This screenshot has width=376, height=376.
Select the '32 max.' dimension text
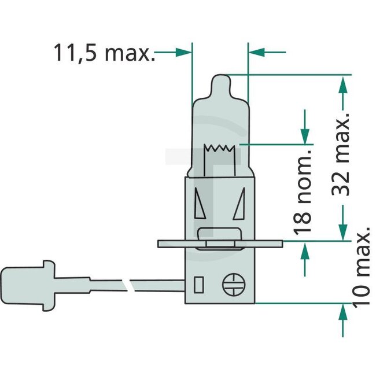[344, 156]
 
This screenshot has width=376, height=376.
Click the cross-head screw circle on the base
[234, 283]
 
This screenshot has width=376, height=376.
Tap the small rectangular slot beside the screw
[199, 285]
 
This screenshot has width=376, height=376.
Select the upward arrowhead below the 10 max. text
[343, 312]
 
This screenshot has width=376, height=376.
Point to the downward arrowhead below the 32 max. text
[343, 231]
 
